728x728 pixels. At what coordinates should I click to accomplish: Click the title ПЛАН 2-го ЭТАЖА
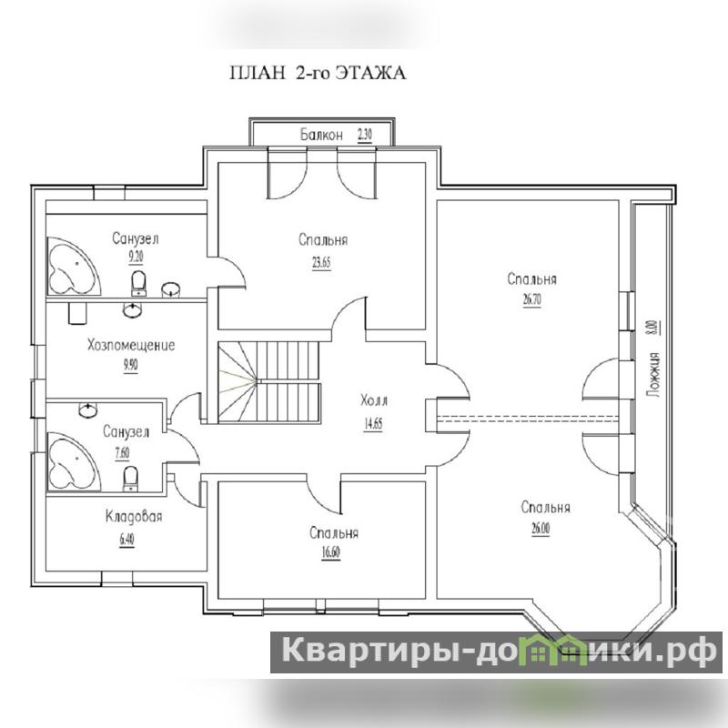point(318,73)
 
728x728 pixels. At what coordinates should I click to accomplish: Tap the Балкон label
point(321,135)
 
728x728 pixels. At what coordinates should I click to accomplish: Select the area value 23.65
point(321,263)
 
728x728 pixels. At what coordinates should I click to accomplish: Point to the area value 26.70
point(532,300)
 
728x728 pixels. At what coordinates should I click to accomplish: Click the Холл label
point(374,400)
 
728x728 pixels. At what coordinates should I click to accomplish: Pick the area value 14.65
point(373,423)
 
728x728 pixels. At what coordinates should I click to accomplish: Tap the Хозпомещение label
point(131,345)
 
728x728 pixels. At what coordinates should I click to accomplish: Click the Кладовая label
point(134,516)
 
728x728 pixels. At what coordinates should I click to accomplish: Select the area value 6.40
point(126,540)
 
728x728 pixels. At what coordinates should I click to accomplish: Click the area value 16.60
point(330,553)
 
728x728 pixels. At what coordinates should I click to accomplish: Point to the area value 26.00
point(541,529)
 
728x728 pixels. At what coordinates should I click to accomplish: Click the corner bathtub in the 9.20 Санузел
point(73,266)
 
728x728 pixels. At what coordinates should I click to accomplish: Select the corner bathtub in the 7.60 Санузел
point(73,461)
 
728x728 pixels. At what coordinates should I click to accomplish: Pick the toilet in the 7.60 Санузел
point(130,479)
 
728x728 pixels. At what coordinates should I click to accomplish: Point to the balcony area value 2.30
point(365,135)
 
